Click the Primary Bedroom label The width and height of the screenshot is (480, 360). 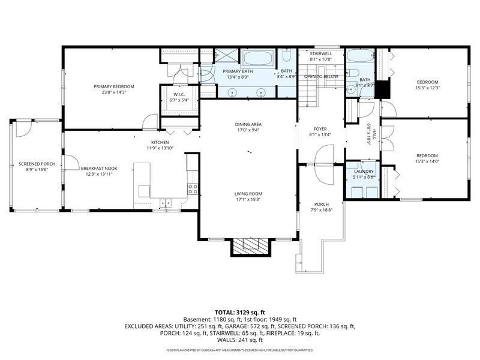point(114,86)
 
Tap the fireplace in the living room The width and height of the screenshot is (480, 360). point(248,245)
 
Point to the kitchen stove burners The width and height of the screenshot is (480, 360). point(193,189)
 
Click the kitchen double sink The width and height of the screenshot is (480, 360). point(164,203)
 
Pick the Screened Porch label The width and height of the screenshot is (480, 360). point(37,164)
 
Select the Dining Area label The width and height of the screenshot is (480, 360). point(248,124)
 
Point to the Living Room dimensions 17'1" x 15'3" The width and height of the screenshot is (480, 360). point(248,199)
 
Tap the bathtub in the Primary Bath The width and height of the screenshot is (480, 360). point(258,59)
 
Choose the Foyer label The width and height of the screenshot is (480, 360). point(319,129)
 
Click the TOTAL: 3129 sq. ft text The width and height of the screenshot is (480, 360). point(240,313)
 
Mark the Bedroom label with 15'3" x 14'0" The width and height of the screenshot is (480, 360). point(428,155)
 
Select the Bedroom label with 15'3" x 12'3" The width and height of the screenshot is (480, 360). point(428,82)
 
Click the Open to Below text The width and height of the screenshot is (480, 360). point(321,77)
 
